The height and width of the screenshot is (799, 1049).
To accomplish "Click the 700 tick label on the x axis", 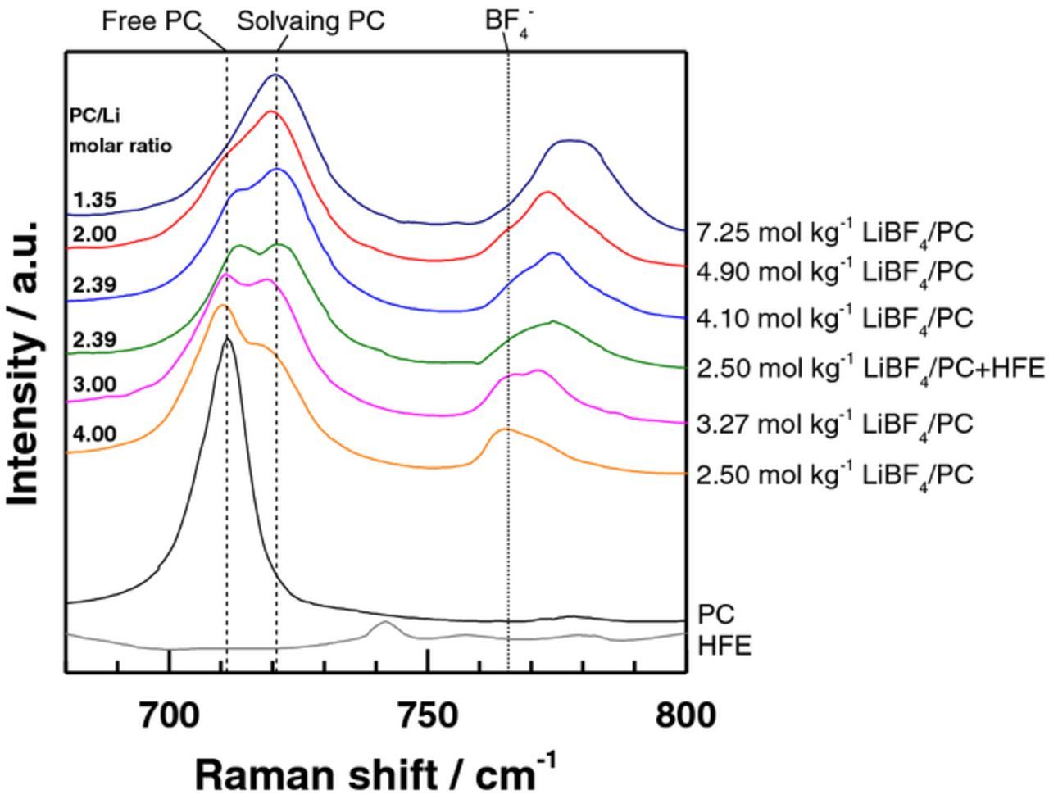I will (169, 716).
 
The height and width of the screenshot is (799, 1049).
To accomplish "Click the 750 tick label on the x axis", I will (427, 716).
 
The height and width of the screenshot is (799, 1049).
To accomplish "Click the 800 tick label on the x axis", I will (685, 716).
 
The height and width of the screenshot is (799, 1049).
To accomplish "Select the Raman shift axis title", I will (376, 773).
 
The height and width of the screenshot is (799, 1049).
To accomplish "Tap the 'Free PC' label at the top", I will (151, 21).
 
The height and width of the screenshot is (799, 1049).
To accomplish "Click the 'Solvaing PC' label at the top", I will (311, 21).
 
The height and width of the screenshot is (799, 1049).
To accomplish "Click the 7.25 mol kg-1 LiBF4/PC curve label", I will (834, 233).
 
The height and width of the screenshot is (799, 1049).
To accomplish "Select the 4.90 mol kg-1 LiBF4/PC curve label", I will (834, 271).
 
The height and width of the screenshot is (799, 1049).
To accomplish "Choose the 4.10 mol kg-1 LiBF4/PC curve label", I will (834, 318).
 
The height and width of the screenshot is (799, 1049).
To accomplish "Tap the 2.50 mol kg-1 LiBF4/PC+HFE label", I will (870, 369).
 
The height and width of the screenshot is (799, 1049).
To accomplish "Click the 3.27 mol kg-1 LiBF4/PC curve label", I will (834, 424).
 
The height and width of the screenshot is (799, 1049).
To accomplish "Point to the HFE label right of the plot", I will (724, 646).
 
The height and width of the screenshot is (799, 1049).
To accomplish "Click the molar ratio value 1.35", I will (94, 200).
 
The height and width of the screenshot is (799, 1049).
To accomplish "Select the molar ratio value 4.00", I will (94, 434).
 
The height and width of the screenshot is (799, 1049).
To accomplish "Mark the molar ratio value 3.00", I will (94, 384).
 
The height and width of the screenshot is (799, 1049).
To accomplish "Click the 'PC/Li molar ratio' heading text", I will (120, 131).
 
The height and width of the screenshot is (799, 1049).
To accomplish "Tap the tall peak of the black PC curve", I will (227, 338).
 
